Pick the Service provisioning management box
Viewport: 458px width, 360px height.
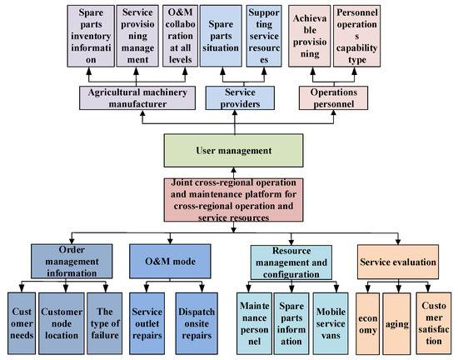pyautogui.click(x=137, y=36)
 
